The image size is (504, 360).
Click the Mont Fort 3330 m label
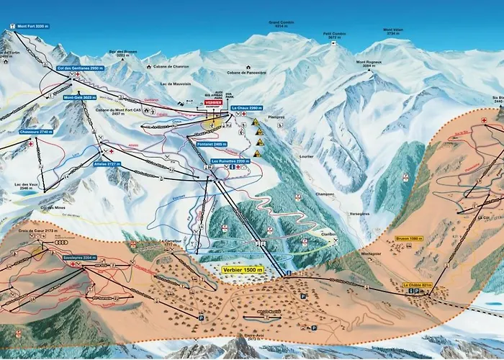coord(32,26)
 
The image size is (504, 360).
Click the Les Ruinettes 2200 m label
coord(230,161)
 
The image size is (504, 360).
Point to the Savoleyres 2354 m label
coord(79,257)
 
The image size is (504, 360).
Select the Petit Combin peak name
coord(336,34)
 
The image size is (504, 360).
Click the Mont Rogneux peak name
coord(369,63)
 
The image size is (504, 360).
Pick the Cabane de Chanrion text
coord(171,66)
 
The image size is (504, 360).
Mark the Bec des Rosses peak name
coord(122,53)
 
